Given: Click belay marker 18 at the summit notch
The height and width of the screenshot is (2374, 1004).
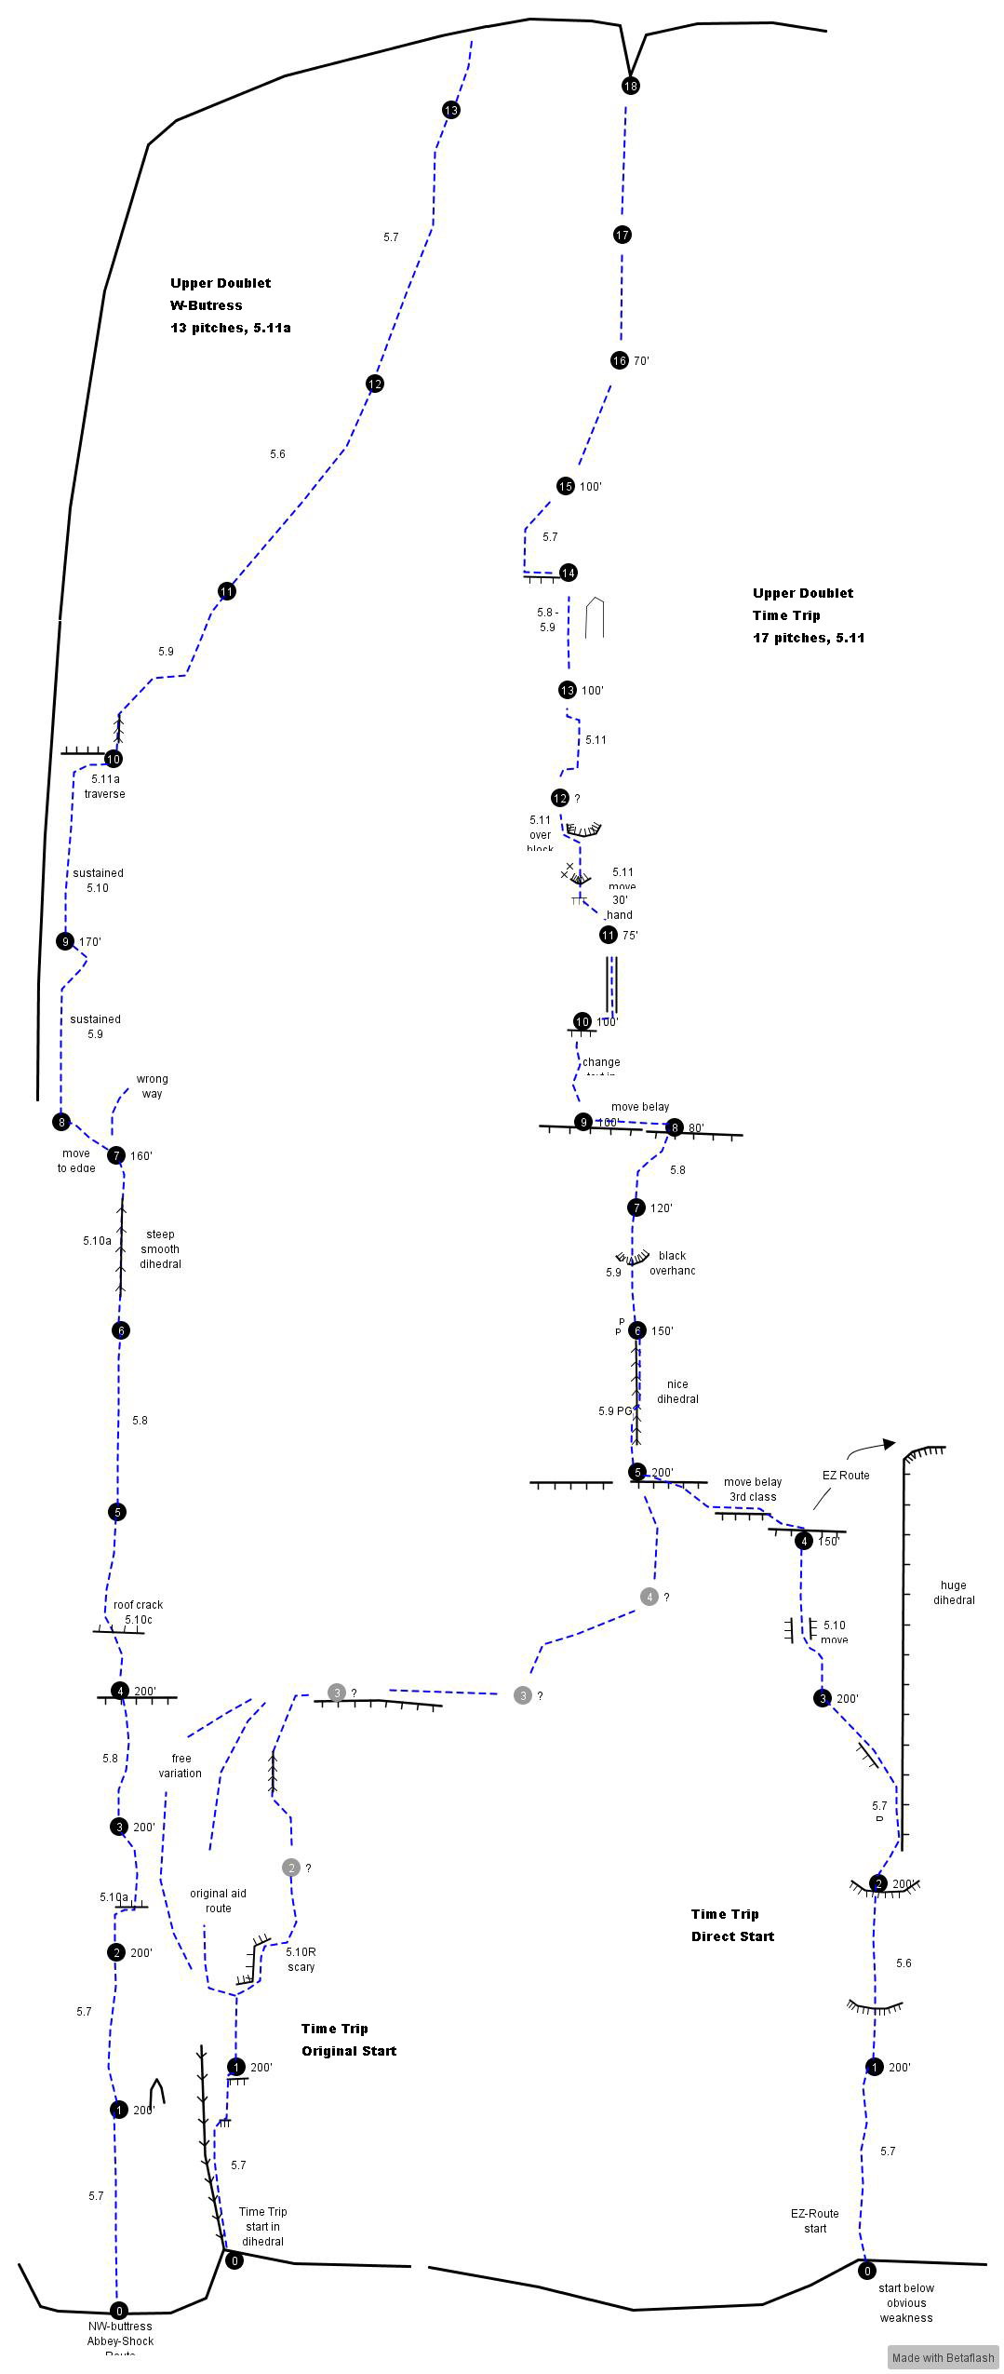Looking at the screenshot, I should pyautogui.click(x=631, y=86).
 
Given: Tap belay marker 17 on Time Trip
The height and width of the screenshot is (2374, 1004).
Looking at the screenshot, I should pyautogui.click(x=622, y=235).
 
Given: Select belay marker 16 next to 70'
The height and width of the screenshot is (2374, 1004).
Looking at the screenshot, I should pyautogui.click(x=620, y=360).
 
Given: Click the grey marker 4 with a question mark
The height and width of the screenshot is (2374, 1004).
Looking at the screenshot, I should pyautogui.click(x=649, y=1597).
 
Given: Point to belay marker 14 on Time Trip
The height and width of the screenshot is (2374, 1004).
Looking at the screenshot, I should pyautogui.click(x=569, y=573).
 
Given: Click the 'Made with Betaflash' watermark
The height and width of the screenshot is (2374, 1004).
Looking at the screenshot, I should pyautogui.click(x=943, y=2357).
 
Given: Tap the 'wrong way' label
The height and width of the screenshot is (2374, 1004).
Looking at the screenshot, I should pyautogui.click(x=152, y=1086).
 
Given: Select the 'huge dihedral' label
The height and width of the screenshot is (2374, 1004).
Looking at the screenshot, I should pyautogui.click(x=954, y=1592).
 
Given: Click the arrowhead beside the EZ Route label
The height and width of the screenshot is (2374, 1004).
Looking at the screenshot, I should pyautogui.click(x=889, y=1444).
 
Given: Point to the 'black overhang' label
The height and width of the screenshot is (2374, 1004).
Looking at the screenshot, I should pyautogui.click(x=672, y=1262).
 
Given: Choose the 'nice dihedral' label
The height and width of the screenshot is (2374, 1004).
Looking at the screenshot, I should pyautogui.click(x=677, y=1391).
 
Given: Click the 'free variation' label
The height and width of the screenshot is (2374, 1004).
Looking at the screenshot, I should pyautogui.click(x=181, y=1765).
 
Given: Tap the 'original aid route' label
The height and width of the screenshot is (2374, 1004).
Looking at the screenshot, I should pyautogui.click(x=218, y=1900).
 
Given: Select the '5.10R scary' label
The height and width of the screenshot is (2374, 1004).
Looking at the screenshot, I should pyautogui.click(x=301, y=1959).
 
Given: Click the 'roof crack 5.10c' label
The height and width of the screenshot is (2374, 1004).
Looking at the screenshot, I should pyautogui.click(x=138, y=1612).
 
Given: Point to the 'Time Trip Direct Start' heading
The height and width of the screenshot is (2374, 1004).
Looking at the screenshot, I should pyautogui.click(x=732, y=1924).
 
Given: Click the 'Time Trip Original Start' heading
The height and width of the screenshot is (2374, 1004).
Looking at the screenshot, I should pyautogui.click(x=349, y=2039).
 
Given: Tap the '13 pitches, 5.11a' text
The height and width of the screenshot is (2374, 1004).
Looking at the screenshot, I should pyautogui.click(x=230, y=328).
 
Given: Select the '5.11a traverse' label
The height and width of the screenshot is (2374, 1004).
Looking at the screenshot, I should pyautogui.click(x=104, y=786).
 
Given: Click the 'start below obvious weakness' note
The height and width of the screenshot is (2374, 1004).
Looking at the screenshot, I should pyautogui.click(x=905, y=2302).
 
